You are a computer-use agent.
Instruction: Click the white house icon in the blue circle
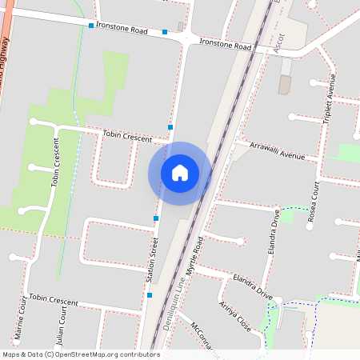180,173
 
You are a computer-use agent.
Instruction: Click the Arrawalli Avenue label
278,150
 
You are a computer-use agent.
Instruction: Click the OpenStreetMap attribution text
81,354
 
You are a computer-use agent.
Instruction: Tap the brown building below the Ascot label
284,85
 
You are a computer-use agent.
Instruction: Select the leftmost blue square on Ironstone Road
91,26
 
